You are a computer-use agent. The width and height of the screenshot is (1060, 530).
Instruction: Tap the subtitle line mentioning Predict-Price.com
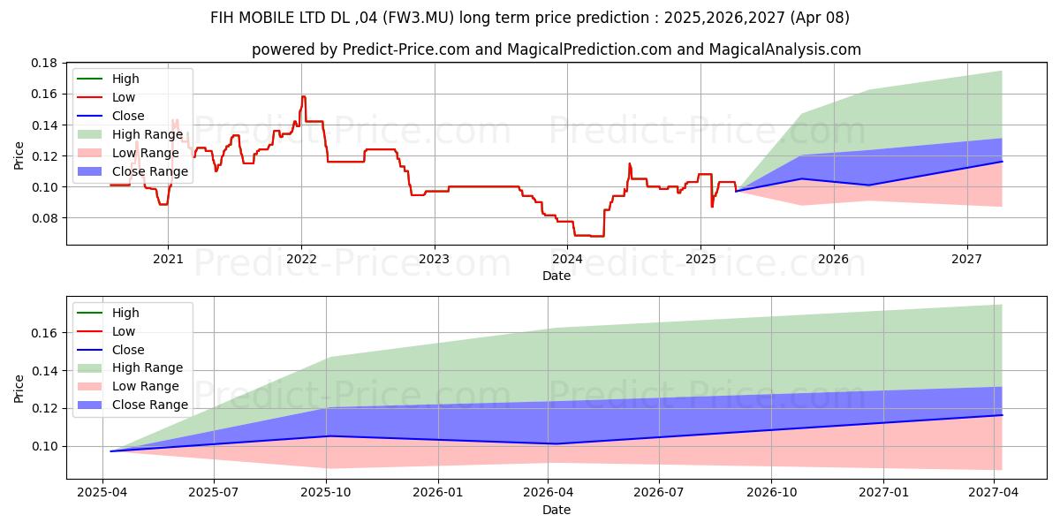click(556, 49)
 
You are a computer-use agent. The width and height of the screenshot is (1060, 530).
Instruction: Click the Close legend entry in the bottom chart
click(129, 350)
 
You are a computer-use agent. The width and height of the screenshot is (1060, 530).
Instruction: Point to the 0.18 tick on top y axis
click(45, 63)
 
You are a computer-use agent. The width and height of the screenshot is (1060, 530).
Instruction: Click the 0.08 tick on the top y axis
click(45, 218)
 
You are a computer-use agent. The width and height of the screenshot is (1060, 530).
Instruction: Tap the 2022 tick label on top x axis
click(301, 259)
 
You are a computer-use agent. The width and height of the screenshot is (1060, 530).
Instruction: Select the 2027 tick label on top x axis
click(967, 259)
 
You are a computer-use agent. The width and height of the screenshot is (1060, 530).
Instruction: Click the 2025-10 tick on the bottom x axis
click(327, 493)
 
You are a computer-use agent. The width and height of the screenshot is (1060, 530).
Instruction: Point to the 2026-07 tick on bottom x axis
click(660, 493)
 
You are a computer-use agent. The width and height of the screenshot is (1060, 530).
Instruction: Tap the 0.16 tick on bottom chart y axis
click(45, 333)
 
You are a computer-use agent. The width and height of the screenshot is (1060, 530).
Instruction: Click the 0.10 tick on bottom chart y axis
click(45, 446)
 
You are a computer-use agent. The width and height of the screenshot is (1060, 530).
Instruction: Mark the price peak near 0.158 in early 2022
click(304, 96)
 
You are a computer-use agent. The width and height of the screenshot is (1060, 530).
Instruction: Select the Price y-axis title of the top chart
click(19, 155)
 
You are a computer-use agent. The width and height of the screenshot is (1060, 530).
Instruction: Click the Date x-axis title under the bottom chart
click(556, 510)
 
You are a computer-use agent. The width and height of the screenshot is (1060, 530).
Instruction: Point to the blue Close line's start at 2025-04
click(111, 451)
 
